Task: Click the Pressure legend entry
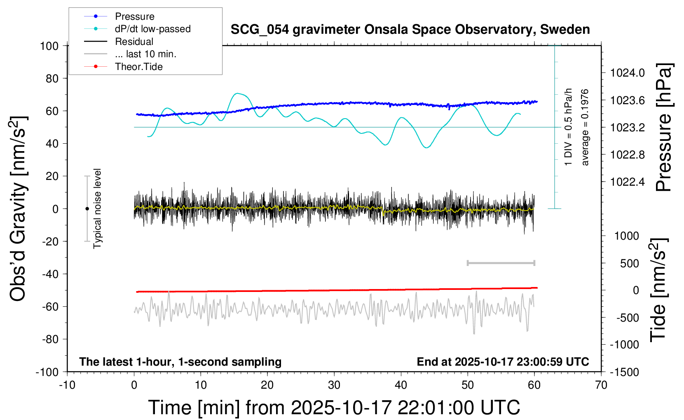pos(134,16)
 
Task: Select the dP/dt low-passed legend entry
pos(152,29)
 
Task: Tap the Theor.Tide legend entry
pos(138,67)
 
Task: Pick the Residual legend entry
pos(134,42)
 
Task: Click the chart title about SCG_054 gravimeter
pos(410,30)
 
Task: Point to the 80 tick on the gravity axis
pos(52,78)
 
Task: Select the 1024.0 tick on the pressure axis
pos(627,73)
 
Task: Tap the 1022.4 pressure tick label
pos(627,182)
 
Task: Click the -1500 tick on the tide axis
pos(625,372)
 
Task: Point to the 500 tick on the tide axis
pos(629,263)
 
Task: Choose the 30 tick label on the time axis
pos(334,385)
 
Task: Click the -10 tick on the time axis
pos(67,385)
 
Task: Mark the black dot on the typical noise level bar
pos(87,209)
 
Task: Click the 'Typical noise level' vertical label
pos(97,208)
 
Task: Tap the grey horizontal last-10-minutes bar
pos(501,263)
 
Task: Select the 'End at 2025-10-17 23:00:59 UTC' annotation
pos(503,362)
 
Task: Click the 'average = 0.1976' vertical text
pos(585,127)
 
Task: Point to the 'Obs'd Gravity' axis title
pos(19,208)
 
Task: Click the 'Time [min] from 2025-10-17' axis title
pos(334,408)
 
